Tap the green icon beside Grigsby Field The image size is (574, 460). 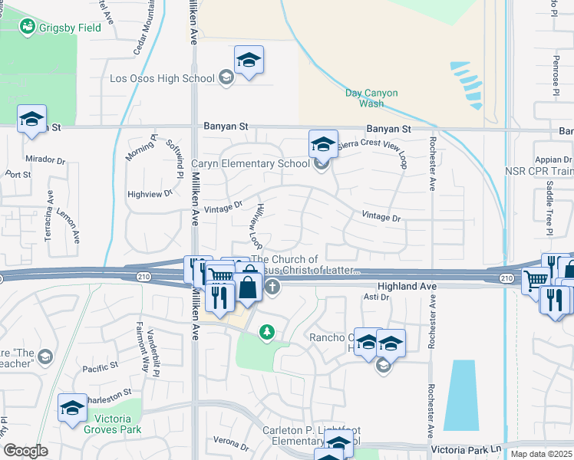pos(28,26)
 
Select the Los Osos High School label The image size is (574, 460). pos(162,78)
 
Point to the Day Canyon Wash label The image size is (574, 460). pos(371,97)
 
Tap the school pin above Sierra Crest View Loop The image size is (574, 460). pos(323,144)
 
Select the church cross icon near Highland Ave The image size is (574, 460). pos(272,287)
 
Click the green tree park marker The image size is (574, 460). pos(266,332)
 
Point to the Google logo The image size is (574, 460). pos(26,451)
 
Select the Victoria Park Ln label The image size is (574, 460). pos(467,449)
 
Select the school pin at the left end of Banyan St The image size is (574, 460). pos(32,120)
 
